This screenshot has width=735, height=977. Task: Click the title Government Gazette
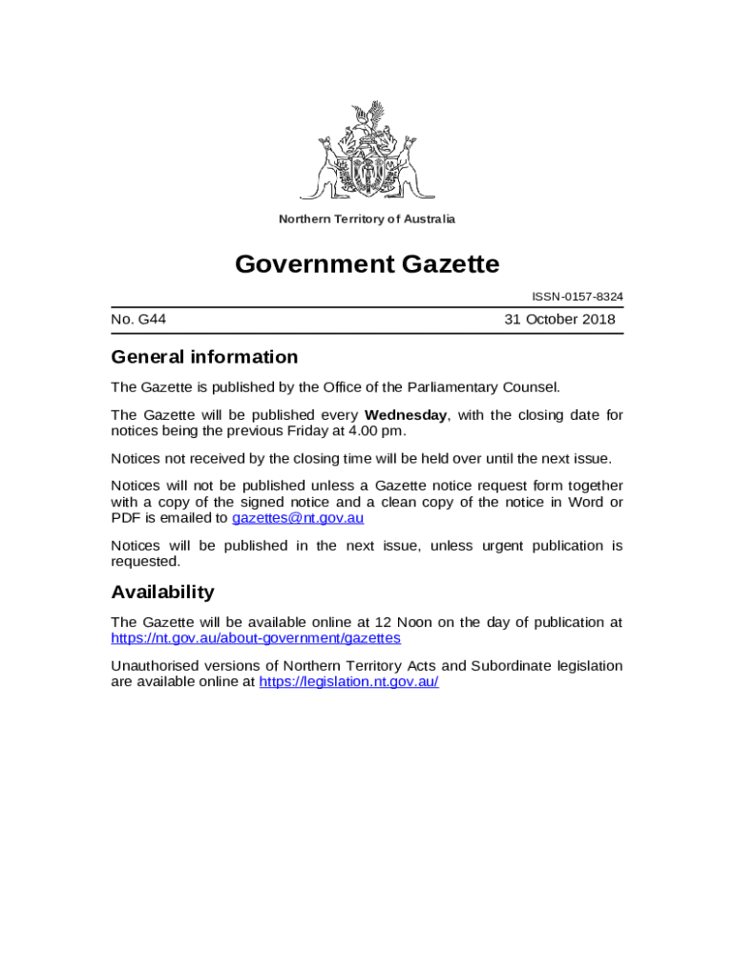(367, 263)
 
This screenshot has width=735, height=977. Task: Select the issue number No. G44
(138, 320)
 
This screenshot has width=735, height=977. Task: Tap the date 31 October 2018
(560, 320)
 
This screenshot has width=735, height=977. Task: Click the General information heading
(204, 357)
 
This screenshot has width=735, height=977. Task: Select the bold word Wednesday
(406, 415)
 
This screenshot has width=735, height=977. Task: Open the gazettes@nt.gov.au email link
(298, 518)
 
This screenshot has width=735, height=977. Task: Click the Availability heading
(162, 592)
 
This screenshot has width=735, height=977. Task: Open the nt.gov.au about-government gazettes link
(256, 637)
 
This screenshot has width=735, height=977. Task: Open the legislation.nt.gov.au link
(348, 682)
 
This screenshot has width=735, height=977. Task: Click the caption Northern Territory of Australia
(367, 219)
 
